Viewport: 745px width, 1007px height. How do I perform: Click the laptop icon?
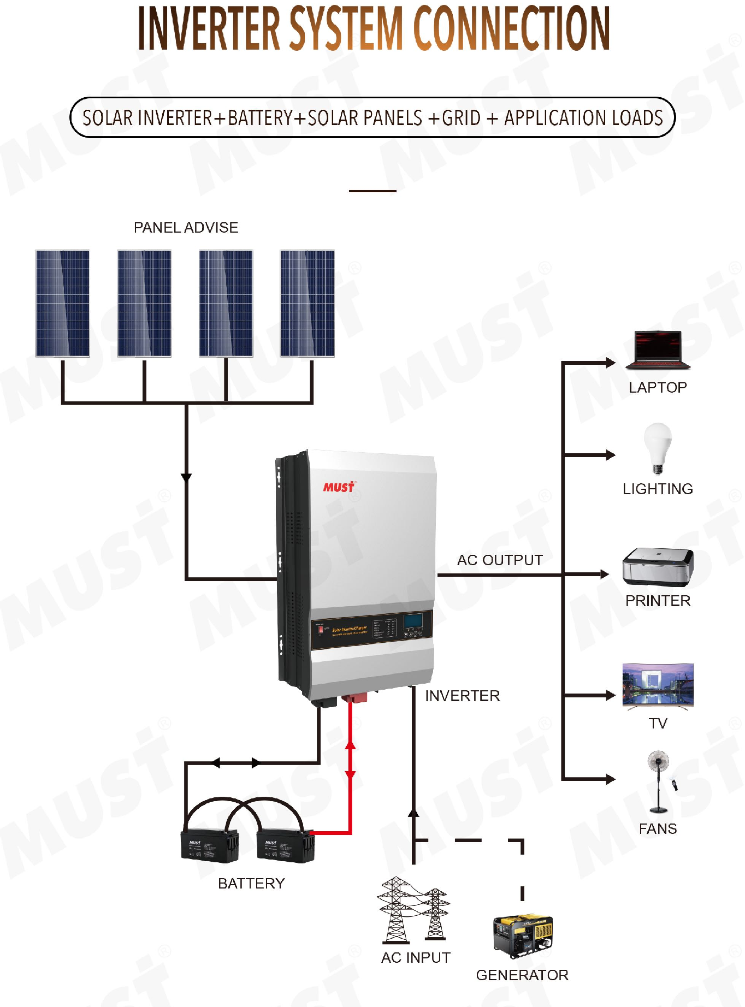[658, 350]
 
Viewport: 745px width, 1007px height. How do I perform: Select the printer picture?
[658, 566]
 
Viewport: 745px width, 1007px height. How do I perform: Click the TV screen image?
[658, 685]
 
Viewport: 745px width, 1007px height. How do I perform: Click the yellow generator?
[523, 935]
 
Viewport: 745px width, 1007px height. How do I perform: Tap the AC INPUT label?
[416, 958]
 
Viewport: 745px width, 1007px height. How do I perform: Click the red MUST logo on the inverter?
[339, 487]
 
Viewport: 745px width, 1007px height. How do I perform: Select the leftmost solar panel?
[62, 304]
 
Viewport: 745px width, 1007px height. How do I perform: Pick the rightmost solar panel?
[307, 304]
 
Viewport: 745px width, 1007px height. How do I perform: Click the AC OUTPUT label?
[500, 560]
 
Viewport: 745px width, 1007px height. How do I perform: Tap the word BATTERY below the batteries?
[251, 884]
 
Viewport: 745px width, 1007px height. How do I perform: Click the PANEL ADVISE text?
[186, 228]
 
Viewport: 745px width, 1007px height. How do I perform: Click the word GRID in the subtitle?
[461, 118]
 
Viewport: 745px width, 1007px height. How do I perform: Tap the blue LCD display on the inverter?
[413, 621]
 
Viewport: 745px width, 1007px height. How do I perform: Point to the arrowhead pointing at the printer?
[604, 574]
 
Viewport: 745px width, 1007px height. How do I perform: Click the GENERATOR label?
[522, 975]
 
